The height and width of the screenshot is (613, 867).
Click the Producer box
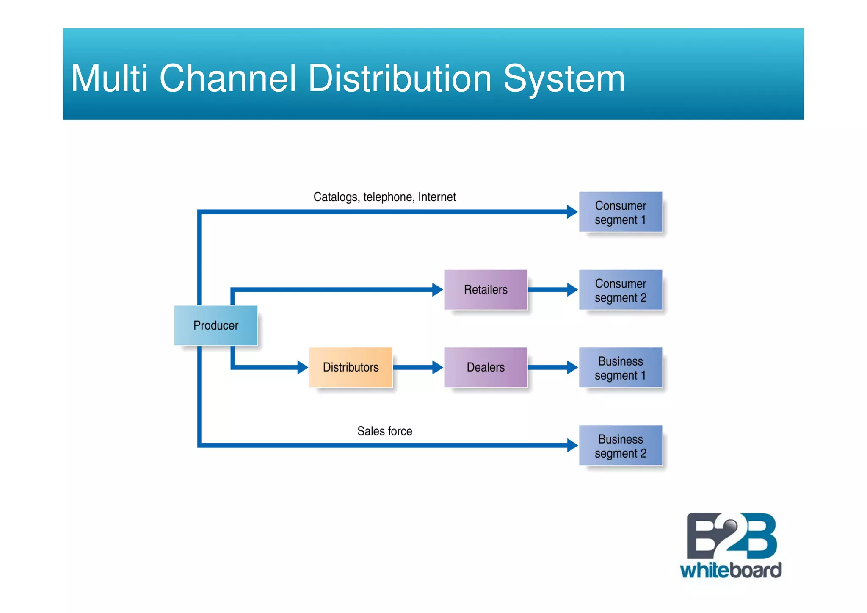(x=215, y=325)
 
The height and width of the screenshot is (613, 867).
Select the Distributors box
(x=351, y=367)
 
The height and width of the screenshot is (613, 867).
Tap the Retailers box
(x=486, y=290)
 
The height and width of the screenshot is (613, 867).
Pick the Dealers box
(x=486, y=367)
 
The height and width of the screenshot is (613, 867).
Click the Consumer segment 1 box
(x=620, y=212)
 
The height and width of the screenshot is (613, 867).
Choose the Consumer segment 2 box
(x=620, y=290)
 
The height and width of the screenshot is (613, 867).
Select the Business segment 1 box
(x=620, y=368)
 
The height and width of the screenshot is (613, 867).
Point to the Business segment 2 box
(x=620, y=446)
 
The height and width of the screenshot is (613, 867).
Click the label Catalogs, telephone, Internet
(x=384, y=197)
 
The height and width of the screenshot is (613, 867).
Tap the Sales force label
(x=384, y=431)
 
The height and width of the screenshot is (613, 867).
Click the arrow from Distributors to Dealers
(x=417, y=367)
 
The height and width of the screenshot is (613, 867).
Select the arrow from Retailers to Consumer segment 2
(x=552, y=290)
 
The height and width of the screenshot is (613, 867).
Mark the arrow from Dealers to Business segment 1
(x=552, y=367)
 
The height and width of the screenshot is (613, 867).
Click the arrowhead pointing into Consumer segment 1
(x=572, y=212)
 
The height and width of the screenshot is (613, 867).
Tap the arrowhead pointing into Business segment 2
(x=572, y=445)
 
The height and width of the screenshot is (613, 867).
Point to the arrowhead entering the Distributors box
(x=302, y=367)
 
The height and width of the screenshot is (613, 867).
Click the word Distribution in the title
(x=400, y=78)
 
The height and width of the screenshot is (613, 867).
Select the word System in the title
(x=564, y=78)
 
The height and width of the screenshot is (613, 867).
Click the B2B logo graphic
(x=731, y=536)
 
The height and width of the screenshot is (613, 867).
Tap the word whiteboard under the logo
(x=731, y=570)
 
